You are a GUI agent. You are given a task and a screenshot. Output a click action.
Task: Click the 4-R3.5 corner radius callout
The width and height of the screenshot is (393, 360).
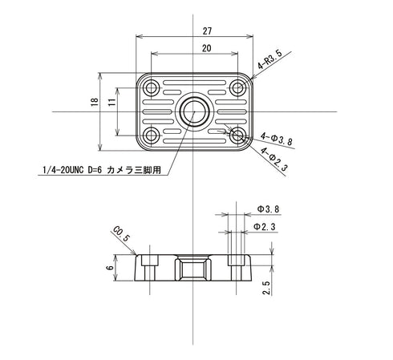[269, 62]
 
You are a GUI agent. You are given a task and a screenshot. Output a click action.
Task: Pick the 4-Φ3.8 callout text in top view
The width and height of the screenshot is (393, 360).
[278, 139]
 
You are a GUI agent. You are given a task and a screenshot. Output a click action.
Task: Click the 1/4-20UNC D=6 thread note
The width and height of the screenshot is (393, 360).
[104, 170]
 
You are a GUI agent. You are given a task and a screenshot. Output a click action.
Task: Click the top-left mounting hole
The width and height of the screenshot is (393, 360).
[150, 87]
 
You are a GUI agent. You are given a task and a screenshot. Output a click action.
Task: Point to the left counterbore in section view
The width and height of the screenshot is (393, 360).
[149, 261]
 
